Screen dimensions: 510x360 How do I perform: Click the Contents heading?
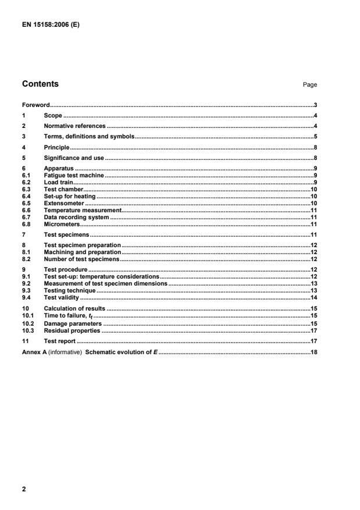[x=40, y=84]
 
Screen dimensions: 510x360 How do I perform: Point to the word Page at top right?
[x=310, y=85]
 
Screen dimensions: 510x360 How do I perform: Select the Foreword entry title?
[x=35, y=106]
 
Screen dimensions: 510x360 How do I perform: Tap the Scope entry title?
[x=53, y=116]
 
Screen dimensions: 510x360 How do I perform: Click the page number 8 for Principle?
[x=315, y=147]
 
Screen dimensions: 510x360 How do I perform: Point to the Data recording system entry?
[x=76, y=217]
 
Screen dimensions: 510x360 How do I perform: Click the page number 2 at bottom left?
[x=24, y=490]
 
